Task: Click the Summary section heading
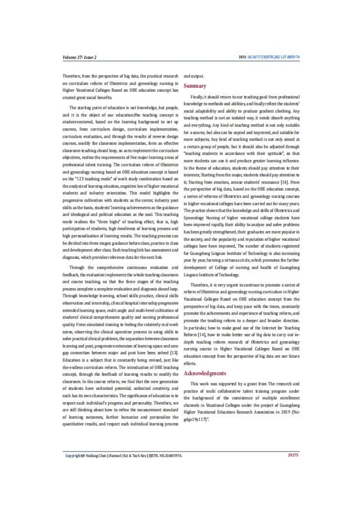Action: click(x=195, y=86)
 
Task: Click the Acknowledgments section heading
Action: click(x=205, y=373)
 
